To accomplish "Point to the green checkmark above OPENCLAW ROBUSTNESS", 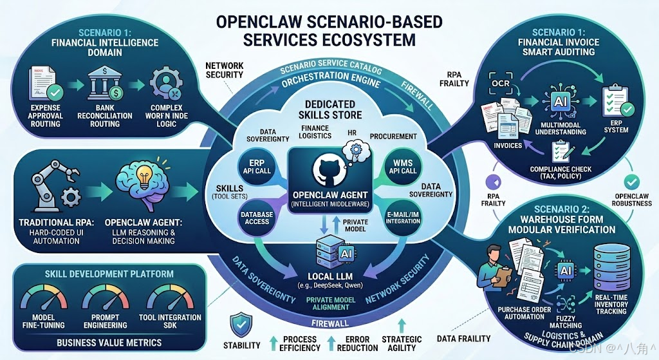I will [633, 182].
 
